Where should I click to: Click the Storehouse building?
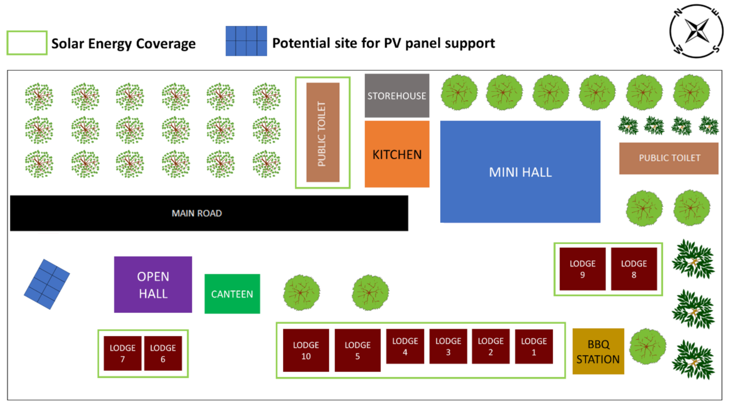coord(397,95)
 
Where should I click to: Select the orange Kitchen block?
coord(397,154)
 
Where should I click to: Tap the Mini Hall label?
coord(520,172)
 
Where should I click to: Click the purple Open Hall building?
coord(153,284)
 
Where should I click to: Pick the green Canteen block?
coord(232,294)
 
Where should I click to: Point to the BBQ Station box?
coord(598,351)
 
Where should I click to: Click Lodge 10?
coord(306,350)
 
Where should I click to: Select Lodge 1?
coord(534,346)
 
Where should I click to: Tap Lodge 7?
coord(122,353)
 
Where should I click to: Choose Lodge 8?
coord(634,269)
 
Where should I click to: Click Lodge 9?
coord(582,269)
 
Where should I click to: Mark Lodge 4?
coord(405,346)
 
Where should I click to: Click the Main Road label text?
coord(197,213)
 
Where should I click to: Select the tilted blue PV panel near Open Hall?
coord(47,284)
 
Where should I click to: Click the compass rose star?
coord(696,31)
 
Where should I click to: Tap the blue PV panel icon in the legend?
coord(246,41)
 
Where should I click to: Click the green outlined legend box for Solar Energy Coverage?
coord(27,43)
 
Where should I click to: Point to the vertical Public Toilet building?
coord(323,133)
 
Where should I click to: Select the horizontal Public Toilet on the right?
coord(669,158)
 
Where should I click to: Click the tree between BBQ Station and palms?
coord(647,346)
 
